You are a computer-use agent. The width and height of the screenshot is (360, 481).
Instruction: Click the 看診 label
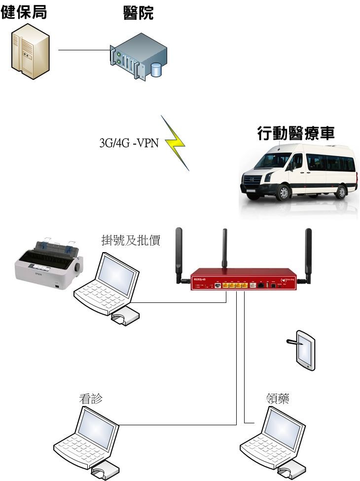point(91,399)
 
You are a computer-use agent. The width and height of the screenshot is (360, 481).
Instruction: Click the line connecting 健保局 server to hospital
point(84,50)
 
